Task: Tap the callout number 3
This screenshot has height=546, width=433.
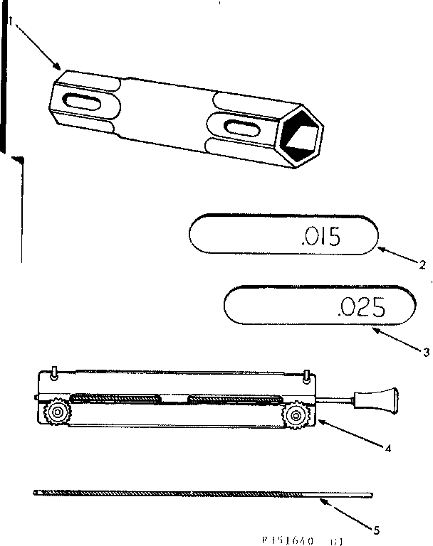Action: coord(426,350)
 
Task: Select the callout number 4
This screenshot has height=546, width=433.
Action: coord(388,449)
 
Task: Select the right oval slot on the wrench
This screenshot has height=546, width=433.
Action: coord(240,129)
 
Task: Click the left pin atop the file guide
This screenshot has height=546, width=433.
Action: coord(54,372)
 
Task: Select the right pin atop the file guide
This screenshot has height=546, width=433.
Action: coord(305,374)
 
